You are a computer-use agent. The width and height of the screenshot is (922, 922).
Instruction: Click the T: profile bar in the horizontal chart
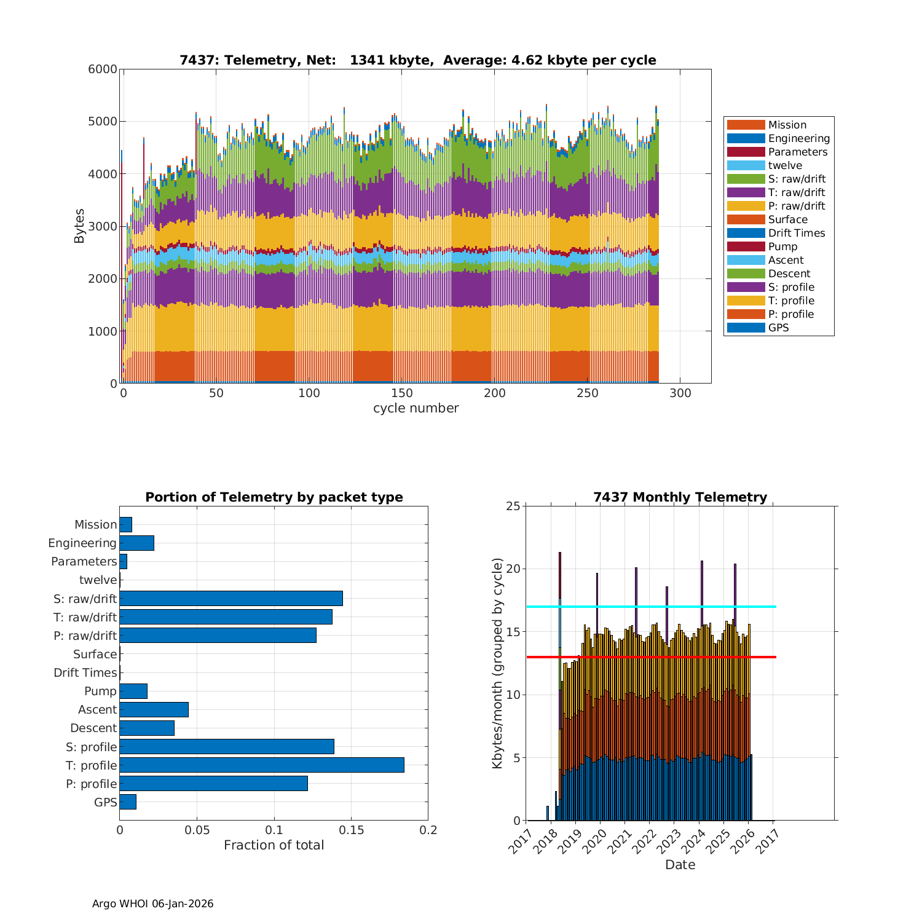pos(261,765)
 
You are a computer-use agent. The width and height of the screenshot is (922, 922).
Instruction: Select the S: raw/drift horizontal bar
pos(230,598)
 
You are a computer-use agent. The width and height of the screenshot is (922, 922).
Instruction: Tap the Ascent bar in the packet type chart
pos(154,709)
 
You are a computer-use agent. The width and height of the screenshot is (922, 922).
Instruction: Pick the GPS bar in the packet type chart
pos(128,802)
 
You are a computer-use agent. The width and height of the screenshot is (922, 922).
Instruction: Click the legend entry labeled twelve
pos(785,165)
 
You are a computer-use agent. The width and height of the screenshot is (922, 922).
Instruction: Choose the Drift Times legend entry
pos(796,233)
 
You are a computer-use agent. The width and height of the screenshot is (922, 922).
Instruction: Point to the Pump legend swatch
pos(746,246)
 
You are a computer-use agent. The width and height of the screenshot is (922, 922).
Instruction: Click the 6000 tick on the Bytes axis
pos(103,69)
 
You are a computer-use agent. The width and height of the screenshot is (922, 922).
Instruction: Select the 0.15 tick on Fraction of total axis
pos(351,830)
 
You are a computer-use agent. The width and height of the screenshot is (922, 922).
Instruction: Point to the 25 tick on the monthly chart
pos(513,506)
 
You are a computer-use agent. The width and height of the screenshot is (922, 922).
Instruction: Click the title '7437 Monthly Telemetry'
pos(680,497)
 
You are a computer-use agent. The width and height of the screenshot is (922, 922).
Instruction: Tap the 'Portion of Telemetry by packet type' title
pos(274,497)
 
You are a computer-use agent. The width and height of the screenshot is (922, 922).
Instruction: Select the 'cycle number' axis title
pos(416,408)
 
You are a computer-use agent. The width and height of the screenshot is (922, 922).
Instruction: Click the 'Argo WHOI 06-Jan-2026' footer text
pos(152,904)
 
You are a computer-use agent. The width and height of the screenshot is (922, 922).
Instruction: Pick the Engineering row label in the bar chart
pos(82,543)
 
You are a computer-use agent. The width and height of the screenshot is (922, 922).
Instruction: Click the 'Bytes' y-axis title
pos(79,226)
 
